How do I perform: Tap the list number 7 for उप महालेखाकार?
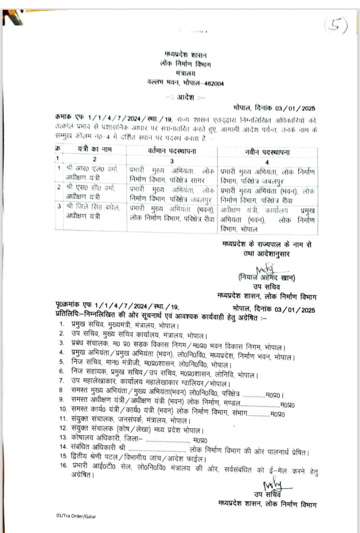[x=61, y=382]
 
